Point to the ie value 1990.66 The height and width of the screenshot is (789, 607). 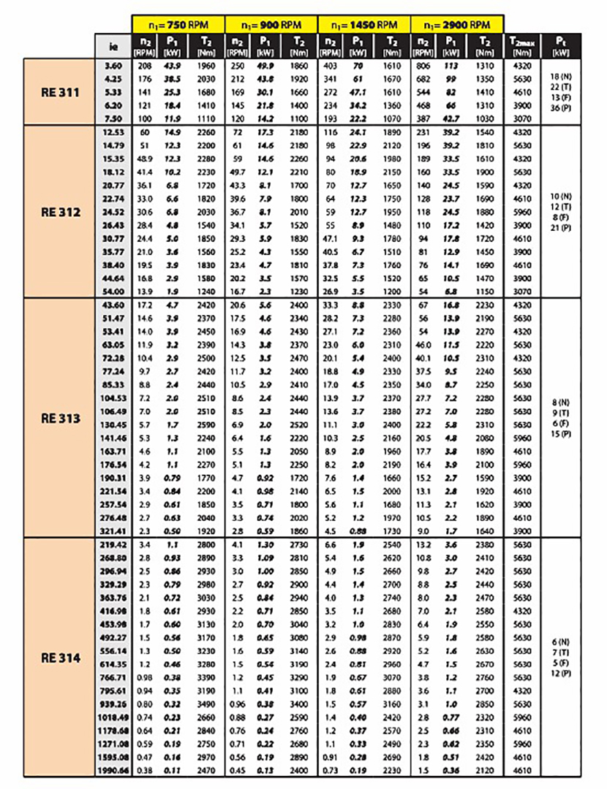pyautogui.click(x=113, y=770)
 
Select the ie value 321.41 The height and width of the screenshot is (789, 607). pyautogui.click(x=113, y=531)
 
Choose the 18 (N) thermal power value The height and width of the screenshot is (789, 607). pyautogui.click(x=561, y=77)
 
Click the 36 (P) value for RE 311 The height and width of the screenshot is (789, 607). pyautogui.click(x=561, y=108)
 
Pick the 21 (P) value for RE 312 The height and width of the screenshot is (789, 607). pyautogui.click(x=561, y=227)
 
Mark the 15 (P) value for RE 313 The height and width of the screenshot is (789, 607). pyautogui.click(x=561, y=434)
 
